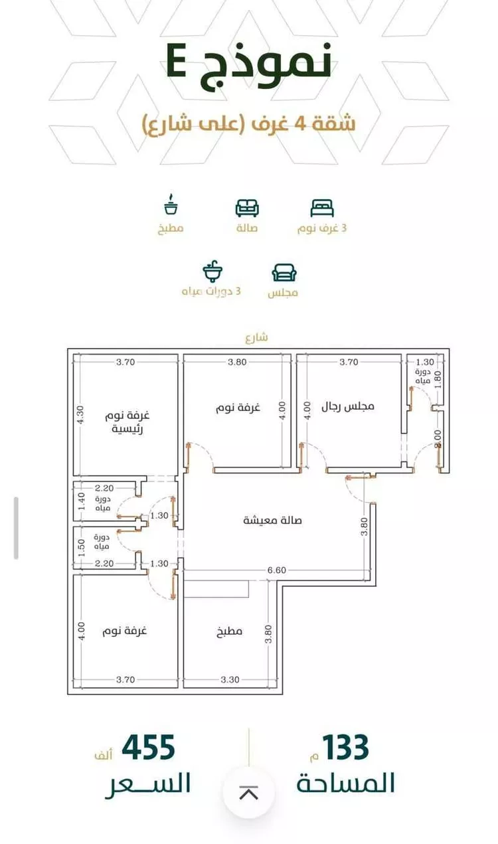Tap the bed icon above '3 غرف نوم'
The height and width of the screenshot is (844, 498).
point(322,209)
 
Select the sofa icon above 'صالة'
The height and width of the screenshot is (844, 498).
point(247,209)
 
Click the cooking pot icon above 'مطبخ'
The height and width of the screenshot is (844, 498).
point(171,205)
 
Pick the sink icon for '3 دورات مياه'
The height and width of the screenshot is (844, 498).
point(213,270)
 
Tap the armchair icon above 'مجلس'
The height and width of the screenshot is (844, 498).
point(284,272)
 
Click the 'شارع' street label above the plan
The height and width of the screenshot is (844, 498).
point(256,337)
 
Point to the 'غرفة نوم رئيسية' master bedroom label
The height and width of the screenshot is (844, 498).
point(127,422)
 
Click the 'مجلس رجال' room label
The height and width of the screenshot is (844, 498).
point(348,406)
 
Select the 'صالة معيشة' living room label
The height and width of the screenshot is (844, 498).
point(272,521)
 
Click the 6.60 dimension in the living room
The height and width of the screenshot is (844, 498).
point(277,570)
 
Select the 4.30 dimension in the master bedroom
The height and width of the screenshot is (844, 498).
point(80,415)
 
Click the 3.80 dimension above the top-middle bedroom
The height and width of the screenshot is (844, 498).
point(237,362)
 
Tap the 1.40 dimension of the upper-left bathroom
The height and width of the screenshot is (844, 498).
point(82,501)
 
